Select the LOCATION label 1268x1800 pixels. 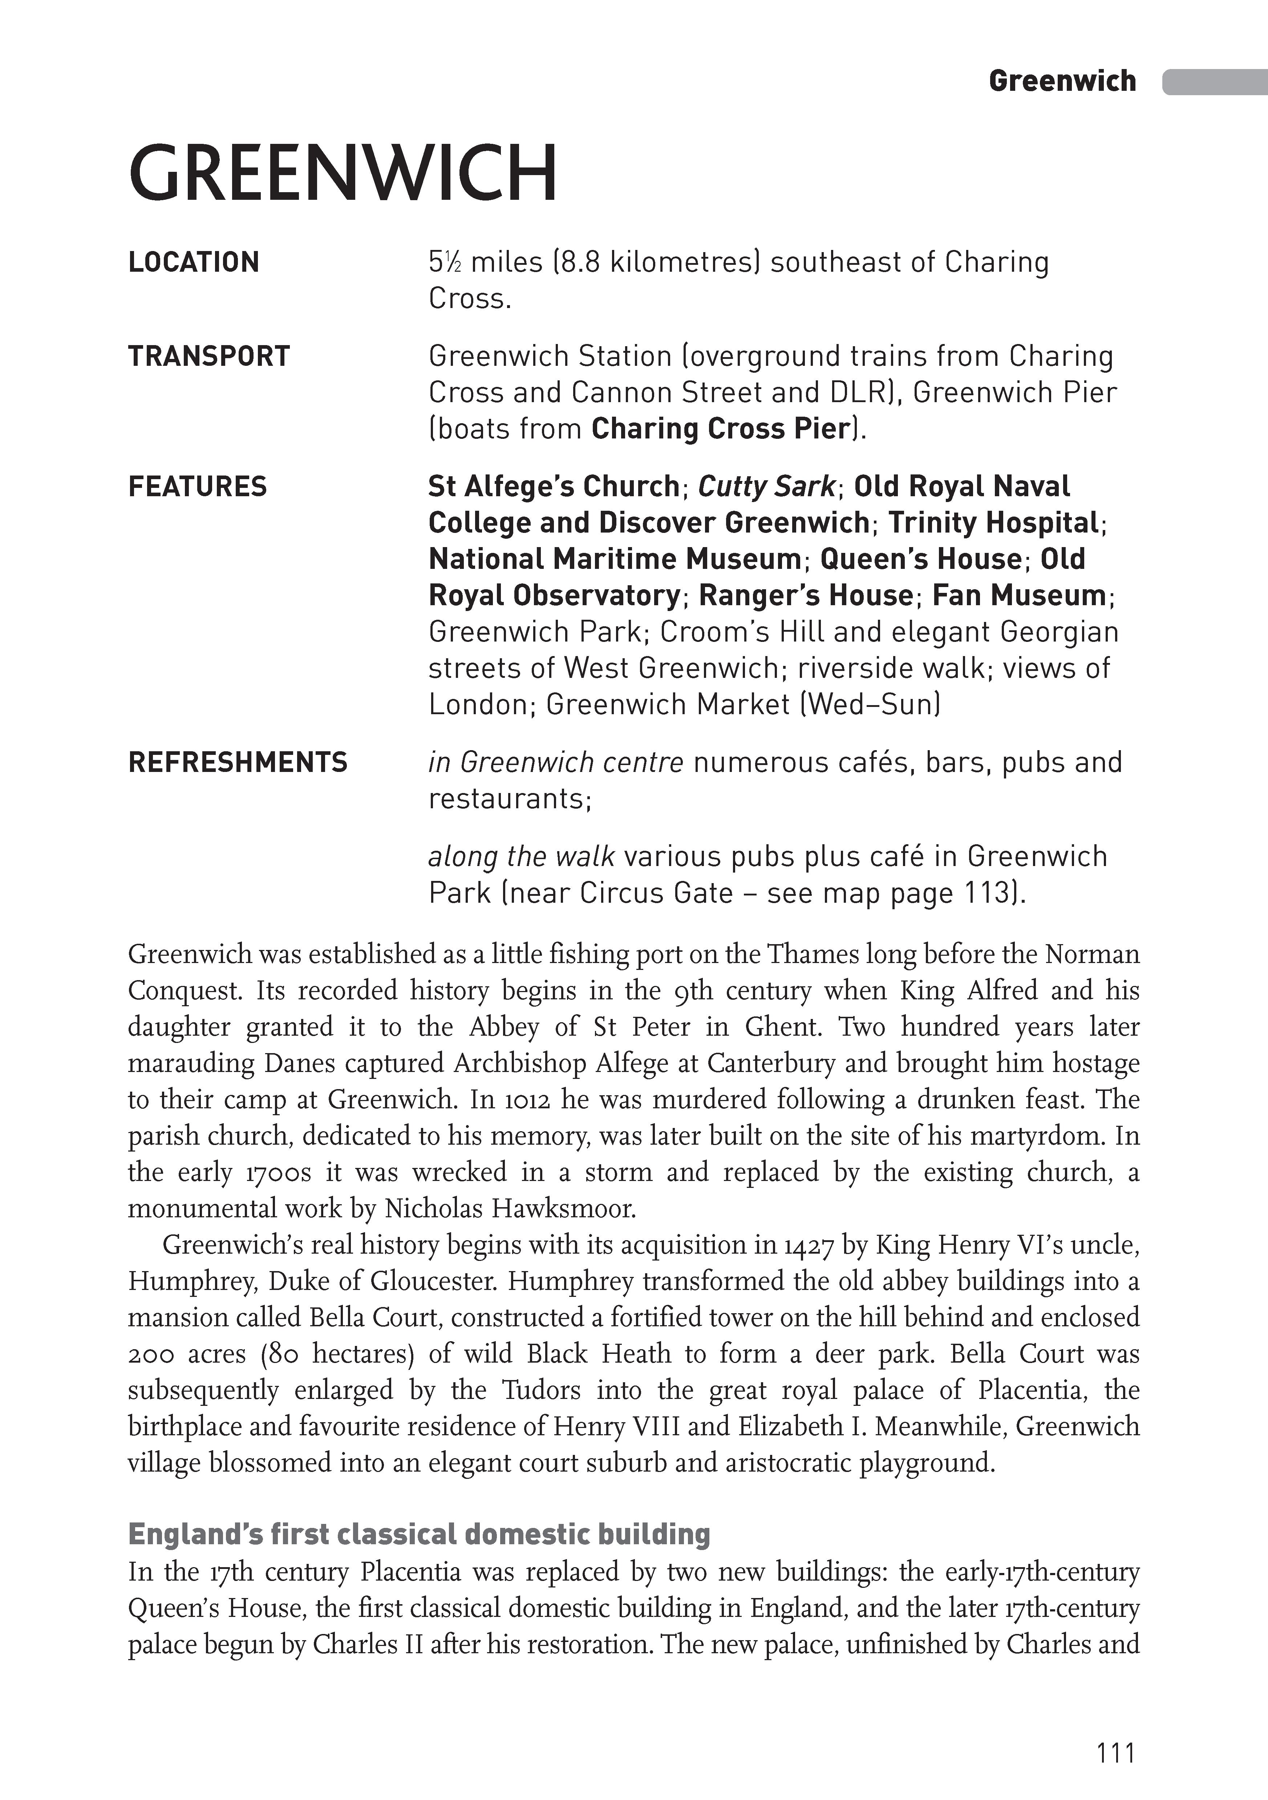[x=194, y=263]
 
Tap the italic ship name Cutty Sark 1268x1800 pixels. [x=766, y=487]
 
